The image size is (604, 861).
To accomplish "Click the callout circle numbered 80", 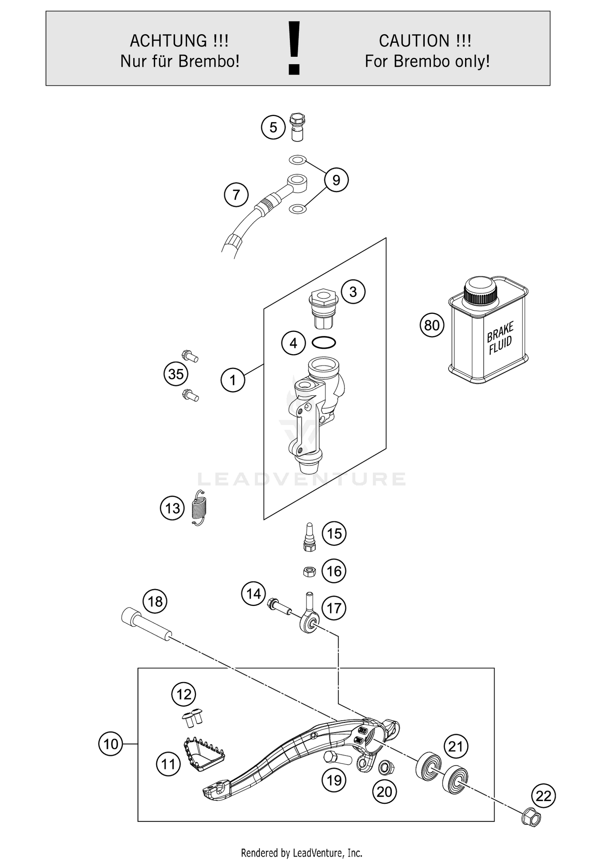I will click(x=432, y=325).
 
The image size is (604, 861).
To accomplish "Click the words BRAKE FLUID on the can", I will click(x=500, y=338).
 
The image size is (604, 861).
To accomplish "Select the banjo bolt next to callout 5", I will click(x=297, y=127).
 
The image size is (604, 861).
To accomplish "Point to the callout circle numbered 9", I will click(x=336, y=180).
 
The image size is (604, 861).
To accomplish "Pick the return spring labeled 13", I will click(x=199, y=508).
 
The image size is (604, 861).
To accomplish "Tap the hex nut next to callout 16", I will click(x=309, y=571).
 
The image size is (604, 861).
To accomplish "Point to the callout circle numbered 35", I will click(x=176, y=374).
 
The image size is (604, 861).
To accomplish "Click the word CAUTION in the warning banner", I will click(x=414, y=41).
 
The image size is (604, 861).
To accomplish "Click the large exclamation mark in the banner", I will click(x=294, y=48).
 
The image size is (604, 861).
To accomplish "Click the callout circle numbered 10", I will click(x=110, y=744).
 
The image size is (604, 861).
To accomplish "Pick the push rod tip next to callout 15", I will click(x=309, y=537).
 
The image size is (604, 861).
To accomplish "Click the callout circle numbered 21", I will click(x=455, y=747).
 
